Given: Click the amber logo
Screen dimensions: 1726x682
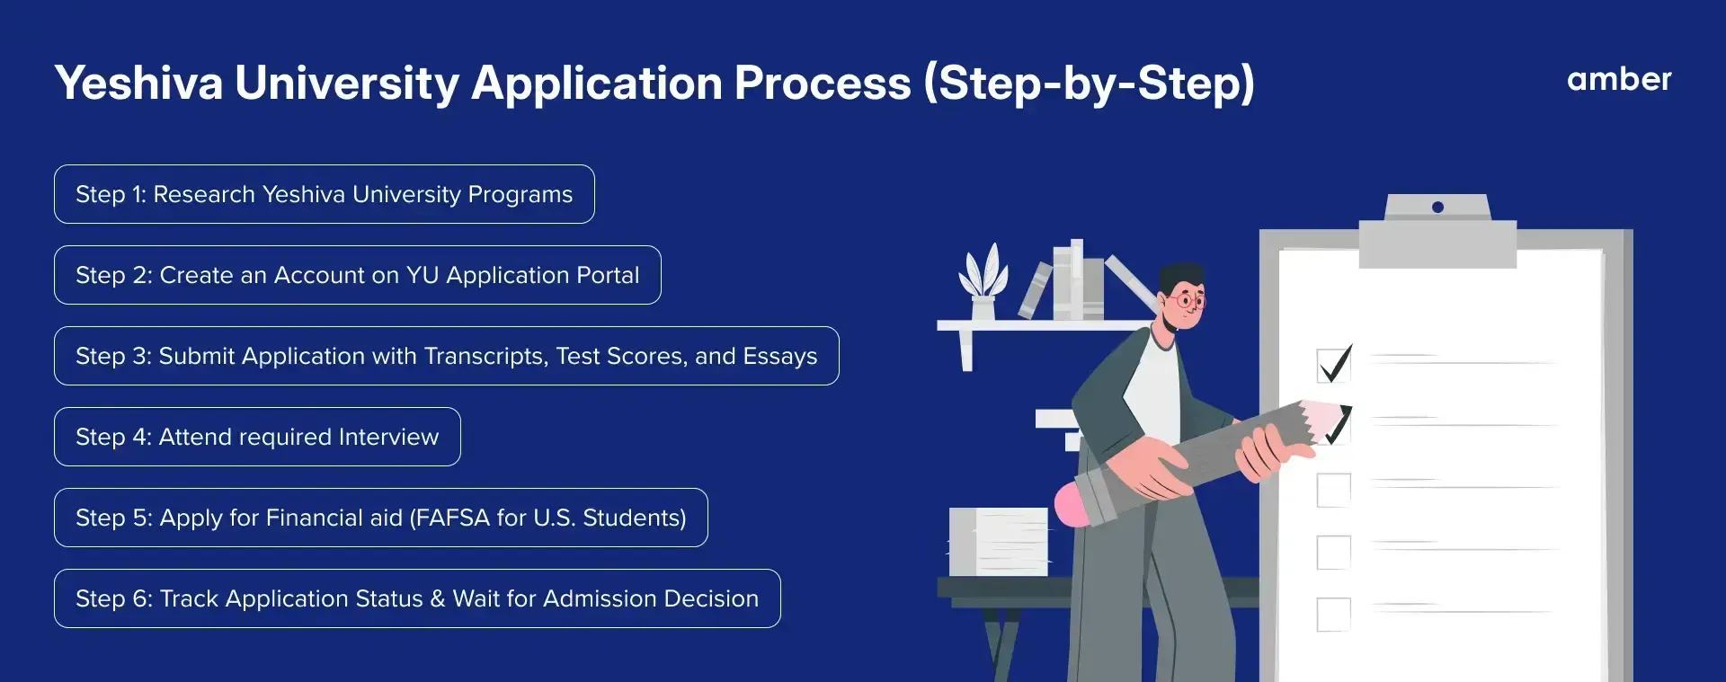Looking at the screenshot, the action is (1619, 79).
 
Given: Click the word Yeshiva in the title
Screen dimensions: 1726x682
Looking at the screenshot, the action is (138, 83).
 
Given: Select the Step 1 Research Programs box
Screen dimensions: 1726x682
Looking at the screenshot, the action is (325, 194).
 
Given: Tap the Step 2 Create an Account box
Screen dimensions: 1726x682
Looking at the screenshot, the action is (358, 275).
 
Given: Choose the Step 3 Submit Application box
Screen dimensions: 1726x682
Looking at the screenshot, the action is (447, 356).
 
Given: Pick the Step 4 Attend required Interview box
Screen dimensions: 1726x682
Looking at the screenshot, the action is (257, 437).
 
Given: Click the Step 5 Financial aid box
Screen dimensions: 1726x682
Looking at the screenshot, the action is (381, 518).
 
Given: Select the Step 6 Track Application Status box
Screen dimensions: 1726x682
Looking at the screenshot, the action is (417, 598).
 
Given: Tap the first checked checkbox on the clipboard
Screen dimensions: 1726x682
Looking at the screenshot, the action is (1334, 365).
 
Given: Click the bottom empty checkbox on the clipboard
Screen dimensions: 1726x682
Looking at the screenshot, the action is (1333, 615).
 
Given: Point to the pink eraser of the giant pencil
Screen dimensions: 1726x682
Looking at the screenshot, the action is (1075, 505).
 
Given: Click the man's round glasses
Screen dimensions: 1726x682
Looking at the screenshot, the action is (1188, 300).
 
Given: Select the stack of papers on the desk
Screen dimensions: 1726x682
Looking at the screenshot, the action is (998, 542).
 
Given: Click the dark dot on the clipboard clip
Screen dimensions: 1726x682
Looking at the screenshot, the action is (1437, 208).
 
